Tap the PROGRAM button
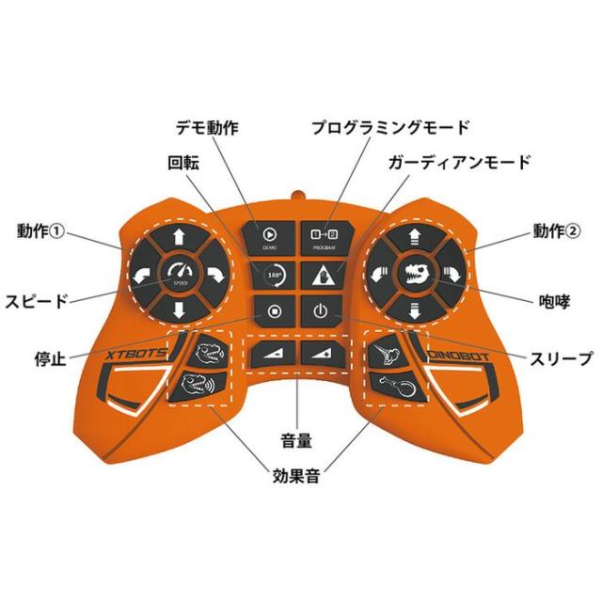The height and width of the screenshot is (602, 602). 321,235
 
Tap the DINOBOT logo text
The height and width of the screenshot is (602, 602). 461,358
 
